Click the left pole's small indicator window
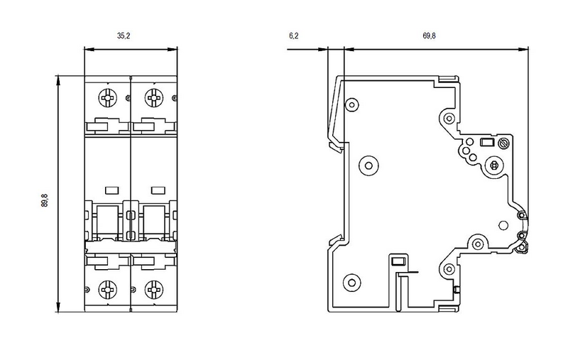111,190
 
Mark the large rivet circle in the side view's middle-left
368,165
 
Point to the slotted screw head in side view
505,143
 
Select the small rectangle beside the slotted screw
488,143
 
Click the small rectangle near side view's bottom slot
398,261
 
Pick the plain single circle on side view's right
503,228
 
